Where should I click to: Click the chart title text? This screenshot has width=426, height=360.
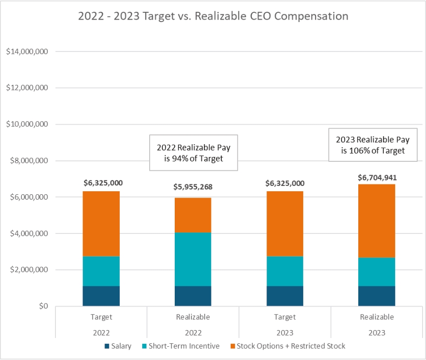213,16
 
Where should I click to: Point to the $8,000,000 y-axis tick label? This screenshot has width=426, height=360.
28,161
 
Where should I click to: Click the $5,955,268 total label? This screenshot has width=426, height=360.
193,187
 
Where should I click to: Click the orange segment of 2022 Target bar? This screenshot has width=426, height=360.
101,223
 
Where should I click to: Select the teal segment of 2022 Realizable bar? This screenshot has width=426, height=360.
193,259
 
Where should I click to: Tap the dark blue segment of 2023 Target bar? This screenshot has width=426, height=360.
285,296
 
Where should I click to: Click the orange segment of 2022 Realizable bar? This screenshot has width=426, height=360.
193,215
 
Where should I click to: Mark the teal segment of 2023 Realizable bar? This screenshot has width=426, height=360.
376,272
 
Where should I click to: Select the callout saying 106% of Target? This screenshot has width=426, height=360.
373,146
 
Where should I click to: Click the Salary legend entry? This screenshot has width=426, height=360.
118,346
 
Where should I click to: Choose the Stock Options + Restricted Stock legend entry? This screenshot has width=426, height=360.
287,346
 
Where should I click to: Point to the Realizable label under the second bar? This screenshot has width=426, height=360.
193,317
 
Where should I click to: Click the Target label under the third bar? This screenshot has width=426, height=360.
285,317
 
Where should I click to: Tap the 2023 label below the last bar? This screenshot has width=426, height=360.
376,333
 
